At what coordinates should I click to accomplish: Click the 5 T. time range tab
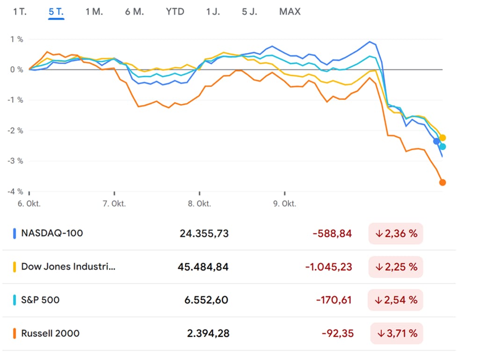coord(56,12)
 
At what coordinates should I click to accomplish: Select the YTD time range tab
coord(175,12)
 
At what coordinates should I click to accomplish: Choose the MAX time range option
coord(290,12)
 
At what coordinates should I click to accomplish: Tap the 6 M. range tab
coord(134,12)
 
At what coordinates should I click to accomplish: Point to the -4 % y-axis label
coord(14,191)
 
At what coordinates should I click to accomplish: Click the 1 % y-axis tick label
coord(16,39)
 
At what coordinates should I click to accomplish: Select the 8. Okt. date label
coord(199,204)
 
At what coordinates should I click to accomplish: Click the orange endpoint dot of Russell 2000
coord(443,183)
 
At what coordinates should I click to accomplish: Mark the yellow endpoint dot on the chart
coord(443,138)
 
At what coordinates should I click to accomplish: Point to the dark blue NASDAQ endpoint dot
coord(436,141)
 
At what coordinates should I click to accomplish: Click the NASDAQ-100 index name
coord(52,233)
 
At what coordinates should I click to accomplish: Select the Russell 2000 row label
coord(50,333)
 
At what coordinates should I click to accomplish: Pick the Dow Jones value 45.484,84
coord(203,267)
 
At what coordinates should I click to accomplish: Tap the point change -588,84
coord(332,233)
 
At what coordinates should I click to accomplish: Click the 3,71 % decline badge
coord(397,333)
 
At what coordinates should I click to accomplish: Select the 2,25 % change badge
coord(396,267)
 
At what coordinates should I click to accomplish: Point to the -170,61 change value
coord(334,300)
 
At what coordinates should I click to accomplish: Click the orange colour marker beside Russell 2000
coord(15,333)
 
